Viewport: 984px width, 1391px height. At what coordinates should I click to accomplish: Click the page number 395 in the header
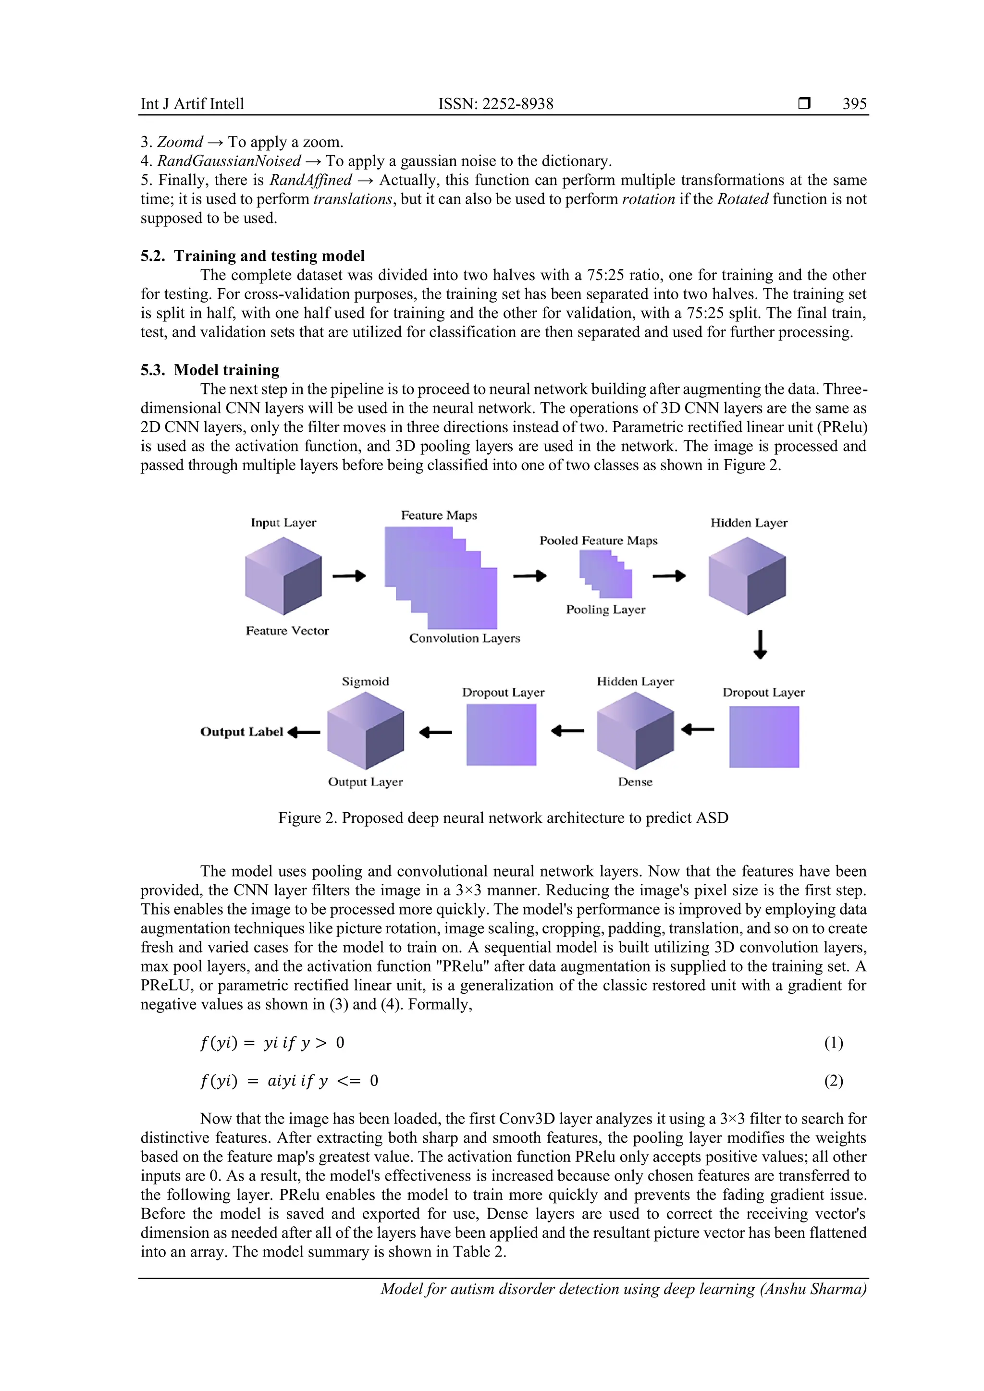[x=854, y=104]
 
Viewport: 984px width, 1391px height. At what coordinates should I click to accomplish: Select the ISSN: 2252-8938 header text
[x=496, y=104]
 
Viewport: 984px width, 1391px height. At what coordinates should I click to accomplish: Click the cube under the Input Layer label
[x=283, y=576]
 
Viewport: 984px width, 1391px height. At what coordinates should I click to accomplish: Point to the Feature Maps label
[x=439, y=515]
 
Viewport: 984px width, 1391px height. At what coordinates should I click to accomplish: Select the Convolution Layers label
[x=464, y=638]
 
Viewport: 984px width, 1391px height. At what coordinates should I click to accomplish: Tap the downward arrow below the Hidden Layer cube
[x=760, y=645]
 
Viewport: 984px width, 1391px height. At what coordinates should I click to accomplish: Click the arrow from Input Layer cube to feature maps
[x=349, y=575]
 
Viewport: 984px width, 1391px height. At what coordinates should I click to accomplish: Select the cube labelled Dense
[x=635, y=731]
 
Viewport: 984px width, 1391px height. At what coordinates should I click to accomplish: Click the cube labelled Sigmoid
[x=365, y=731]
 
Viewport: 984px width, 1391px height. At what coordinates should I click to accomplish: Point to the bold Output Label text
[x=242, y=732]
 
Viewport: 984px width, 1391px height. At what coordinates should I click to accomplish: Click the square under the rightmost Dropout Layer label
[x=763, y=737]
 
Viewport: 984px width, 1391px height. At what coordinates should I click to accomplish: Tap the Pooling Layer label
[x=605, y=610]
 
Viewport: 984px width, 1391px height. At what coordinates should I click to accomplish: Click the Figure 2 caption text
[x=503, y=818]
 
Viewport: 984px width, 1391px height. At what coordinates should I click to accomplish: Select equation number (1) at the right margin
[x=833, y=1043]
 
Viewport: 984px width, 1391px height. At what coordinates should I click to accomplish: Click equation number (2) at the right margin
[x=833, y=1081]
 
